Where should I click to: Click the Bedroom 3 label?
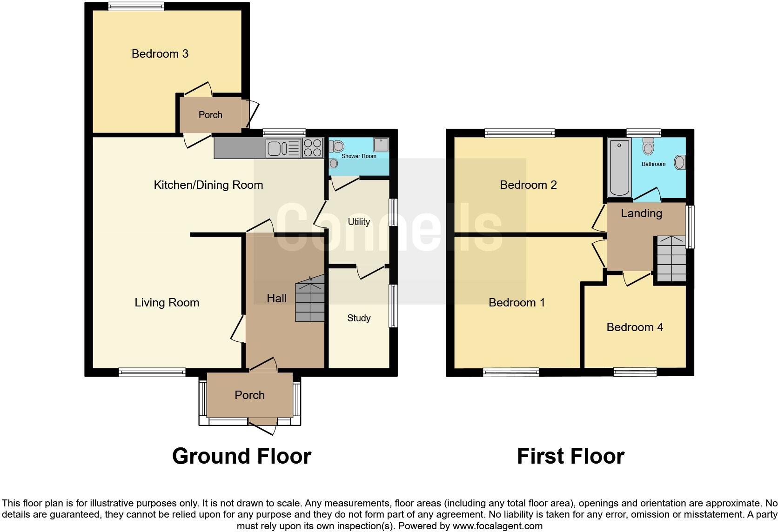point(160,54)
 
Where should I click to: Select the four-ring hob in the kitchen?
point(313,148)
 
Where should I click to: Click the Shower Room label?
point(359,156)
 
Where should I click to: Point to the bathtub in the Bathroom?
point(619,168)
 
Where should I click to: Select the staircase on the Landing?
point(671,259)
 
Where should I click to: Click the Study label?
point(359,318)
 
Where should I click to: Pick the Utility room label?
point(359,222)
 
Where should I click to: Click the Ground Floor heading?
point(241,456)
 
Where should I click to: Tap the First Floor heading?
point(570,456)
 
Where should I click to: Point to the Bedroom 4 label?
point(635,327)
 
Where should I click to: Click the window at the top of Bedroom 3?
point(136,7)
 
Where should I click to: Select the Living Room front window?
point(152,372)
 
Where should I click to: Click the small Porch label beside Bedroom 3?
point(210,115)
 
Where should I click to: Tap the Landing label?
point(641,213)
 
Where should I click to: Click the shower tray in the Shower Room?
point(381,145)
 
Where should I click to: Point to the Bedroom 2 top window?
point(520,133)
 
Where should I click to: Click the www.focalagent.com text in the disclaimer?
point(497,526)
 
